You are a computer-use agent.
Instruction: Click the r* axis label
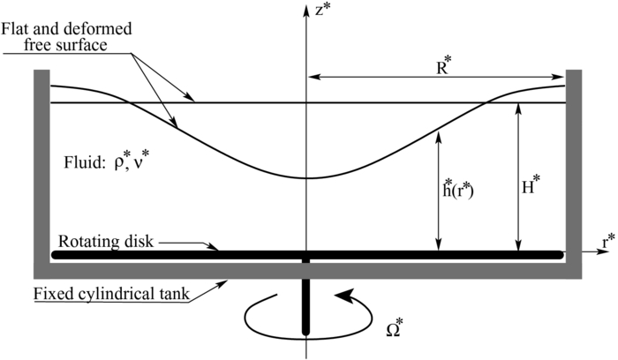[x=608, y=240]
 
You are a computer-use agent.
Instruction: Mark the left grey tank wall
[x=41, y=168]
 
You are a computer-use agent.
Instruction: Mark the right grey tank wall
[x=572, y=168]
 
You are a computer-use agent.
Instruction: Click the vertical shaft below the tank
[x=306, y=304]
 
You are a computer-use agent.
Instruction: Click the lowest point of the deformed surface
[x=306, y=178]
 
